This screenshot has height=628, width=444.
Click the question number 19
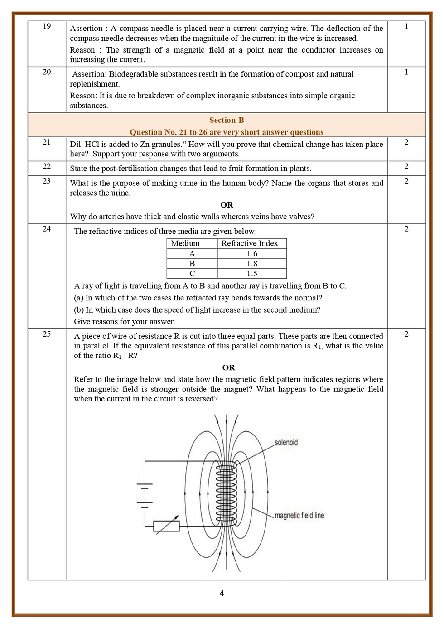coord(47,26)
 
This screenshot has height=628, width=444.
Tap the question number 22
coord(47,166)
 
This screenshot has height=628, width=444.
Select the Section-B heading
coord(227,120)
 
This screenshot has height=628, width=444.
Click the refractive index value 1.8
coord(252,263)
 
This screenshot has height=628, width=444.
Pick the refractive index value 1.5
coord(252,273)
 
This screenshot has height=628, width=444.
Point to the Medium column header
coord(185,243)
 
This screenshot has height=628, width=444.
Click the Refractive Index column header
coord(250,243)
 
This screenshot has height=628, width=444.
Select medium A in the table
coord(192,253)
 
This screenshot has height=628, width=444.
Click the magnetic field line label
coord(299,515)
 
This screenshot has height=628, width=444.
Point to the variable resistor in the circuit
coord(166,526)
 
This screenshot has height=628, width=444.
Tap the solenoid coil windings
coord(226,494)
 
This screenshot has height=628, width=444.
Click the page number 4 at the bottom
coord(222,593)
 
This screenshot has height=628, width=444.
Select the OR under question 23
coord(227,205)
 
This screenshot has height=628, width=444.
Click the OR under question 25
coord(228,367)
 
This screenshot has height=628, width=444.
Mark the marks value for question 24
coord(406,229)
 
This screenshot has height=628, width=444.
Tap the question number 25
coord(47,334)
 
